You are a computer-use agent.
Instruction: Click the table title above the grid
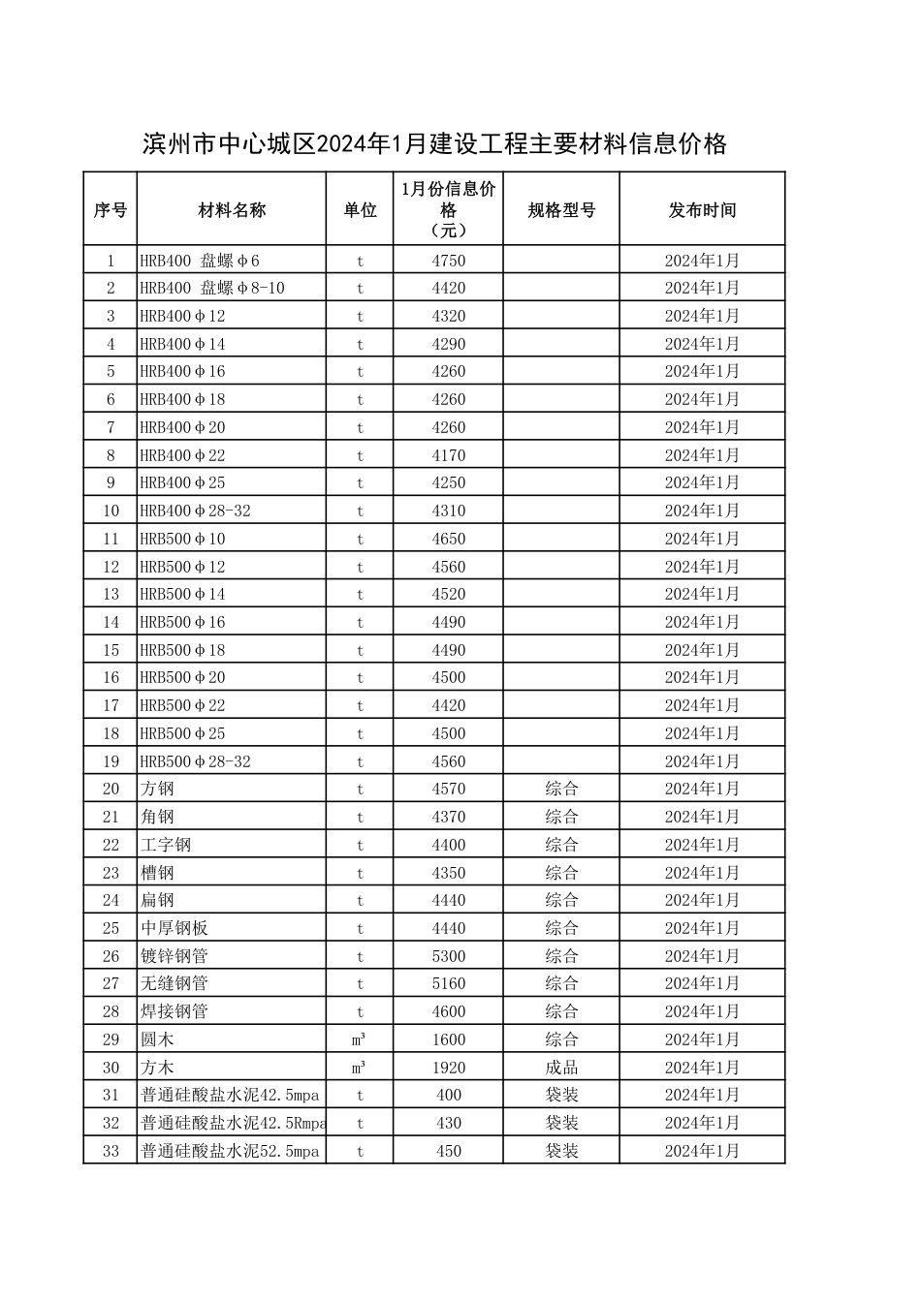tap(434, 145)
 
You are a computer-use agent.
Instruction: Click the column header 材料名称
tap(232, 210)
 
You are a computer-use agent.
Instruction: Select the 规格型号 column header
tap(561, 210)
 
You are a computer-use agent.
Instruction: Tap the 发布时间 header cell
tap(702, 210)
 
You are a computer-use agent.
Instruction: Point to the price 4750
tap(449, 261)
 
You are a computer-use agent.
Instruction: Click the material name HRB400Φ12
tap(182, 316)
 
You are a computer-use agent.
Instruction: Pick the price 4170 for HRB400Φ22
tap(449, 455)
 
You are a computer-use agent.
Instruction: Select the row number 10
tap(111, 511)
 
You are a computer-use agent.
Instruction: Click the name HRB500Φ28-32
tap(195, 761)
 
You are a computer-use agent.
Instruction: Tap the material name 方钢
tap(157, 790)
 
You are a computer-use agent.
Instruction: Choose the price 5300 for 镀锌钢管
tap(449, 956)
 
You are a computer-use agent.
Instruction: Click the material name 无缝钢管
tap(175, 984)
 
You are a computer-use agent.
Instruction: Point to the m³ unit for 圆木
tap(359, 1039)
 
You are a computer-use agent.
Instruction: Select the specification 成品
tap(561, 1068)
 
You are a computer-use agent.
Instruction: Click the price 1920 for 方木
tap(449, 1068)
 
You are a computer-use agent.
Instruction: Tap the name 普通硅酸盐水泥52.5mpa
tap(230, 1151)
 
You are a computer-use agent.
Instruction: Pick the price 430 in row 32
tap(449, 1123)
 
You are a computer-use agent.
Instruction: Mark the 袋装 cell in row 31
tap(561, 1095)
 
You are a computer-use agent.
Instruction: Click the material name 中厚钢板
tap(175, 928)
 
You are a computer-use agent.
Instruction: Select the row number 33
tap(111, 1151)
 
